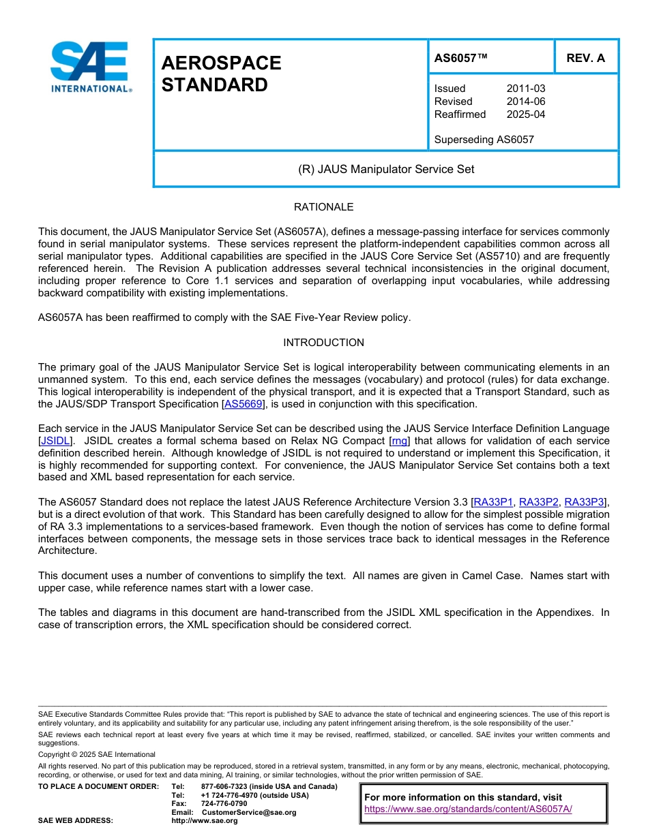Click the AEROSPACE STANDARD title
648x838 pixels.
coord(221,74)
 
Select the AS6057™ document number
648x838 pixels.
coord(461,58)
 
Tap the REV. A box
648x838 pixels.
coord(585,58)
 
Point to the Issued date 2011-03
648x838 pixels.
coord(525,89)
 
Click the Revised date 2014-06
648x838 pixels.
coord(525,102)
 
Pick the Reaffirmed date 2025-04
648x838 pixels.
coord(525,114)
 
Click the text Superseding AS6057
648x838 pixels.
coord(484,140)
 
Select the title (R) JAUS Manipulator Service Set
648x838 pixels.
coord(385,169)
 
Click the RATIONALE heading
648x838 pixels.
coord(323,207)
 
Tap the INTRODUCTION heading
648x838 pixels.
coord(323,343)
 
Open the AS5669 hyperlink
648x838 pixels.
coord(243,404)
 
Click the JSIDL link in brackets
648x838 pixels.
coord(55,441)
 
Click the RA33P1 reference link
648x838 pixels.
coord(493,502)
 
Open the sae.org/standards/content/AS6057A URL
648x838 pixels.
coord(468,809)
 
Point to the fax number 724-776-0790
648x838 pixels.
coord(224,804)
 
